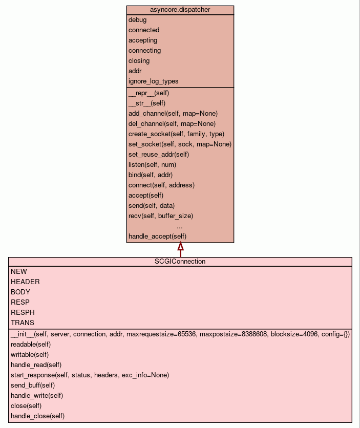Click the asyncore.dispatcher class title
(x=180, y=10)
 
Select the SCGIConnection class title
(x=180, y=261)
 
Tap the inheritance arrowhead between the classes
(x=180, y=247)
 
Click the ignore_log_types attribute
(x=153, y=81)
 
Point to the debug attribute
(x=137, y=19)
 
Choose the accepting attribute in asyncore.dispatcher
(x=143, y=40)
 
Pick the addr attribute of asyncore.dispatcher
(x=135, y=71)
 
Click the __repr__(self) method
(x=149, y=93)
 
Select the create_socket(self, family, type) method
(x=176, y=134)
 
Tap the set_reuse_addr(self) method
(x=159, y=154)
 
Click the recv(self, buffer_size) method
(x=161, y=216)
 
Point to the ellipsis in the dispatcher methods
(x=180, y=226)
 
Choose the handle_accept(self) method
(x=157, y=236)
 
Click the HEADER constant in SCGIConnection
(x=25, y=282)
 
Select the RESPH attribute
(x=23, y=312)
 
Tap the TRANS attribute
(x=23, y=323)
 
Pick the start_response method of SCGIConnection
(x=90, y=375)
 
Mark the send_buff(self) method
(x=33, y=385)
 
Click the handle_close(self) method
(x=37, y=416)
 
